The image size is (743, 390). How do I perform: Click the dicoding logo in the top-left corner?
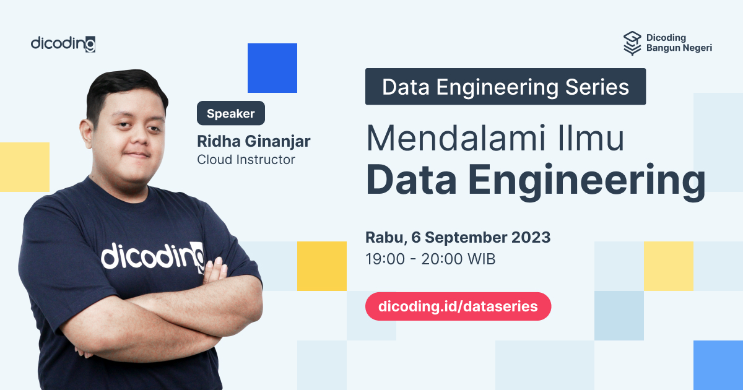click(63, 44)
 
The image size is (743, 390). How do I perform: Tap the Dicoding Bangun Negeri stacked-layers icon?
click(632, 43)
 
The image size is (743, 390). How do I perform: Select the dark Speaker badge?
click(231, 113)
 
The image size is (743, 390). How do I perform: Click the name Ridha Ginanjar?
click(253, 141)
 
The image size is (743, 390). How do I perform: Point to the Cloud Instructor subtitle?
click(246, 160)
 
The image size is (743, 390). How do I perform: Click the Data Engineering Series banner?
click(505, 87)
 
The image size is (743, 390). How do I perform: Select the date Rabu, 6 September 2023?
click(458, 237)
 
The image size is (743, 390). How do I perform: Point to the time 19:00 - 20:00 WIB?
click(430, 259)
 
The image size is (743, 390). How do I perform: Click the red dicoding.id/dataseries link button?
click(458, 306)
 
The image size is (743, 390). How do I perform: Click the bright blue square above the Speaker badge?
click(272, 68)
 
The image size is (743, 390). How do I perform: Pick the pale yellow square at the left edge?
click(24, 167)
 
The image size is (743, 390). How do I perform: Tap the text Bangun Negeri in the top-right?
click(679, 48)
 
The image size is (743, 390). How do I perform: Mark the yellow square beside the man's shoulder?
click(321, 266)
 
